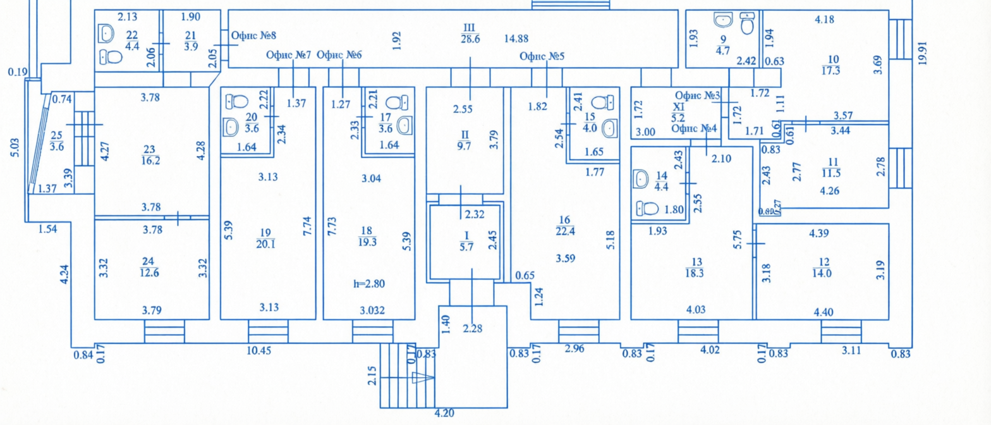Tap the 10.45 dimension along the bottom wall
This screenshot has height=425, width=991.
point(258,351)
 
